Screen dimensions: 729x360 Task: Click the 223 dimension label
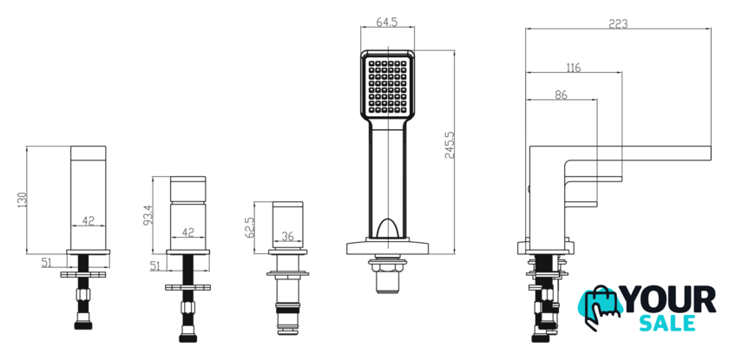click(618, 23)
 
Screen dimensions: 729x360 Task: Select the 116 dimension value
click(574, 68)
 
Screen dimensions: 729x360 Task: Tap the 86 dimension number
click(562, 95)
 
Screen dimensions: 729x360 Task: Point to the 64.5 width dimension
click(387, 23)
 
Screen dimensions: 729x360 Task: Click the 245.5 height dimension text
click(449, 146)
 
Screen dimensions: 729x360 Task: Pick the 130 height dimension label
click(23, 200)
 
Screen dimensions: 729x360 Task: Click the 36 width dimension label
click(288, 237)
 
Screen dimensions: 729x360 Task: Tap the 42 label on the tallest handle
click(88, 220)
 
